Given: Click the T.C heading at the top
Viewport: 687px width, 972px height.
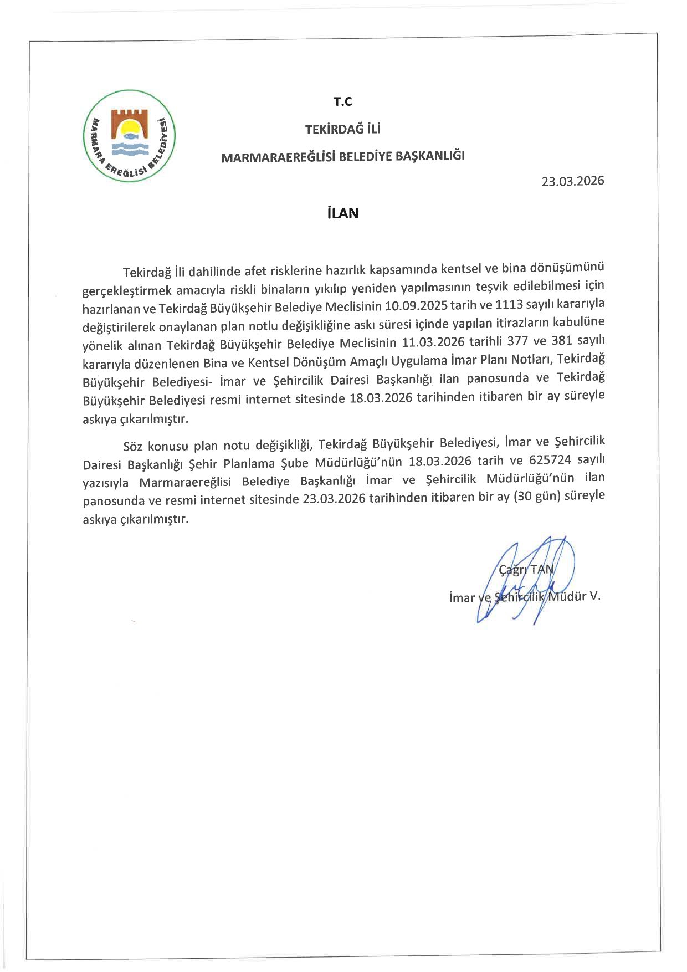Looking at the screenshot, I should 343,102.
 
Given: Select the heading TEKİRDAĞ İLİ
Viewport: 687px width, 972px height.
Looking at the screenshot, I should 343,130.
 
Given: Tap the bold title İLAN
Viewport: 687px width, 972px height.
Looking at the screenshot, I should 343,213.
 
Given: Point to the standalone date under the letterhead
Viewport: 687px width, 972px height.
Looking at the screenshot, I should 573,181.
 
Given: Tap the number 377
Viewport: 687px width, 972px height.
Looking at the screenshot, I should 517,341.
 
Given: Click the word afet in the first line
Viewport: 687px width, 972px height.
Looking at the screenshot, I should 255,271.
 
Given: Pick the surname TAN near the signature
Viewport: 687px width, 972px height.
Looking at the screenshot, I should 541,569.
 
